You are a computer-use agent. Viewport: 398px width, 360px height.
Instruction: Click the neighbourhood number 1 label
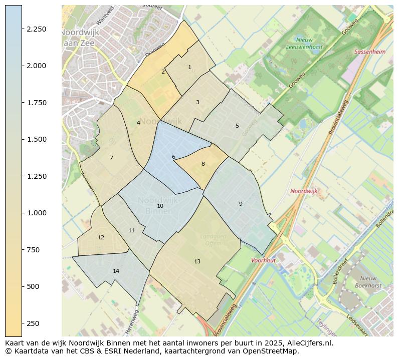[189, 67]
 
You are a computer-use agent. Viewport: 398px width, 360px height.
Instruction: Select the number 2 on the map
[163, 72]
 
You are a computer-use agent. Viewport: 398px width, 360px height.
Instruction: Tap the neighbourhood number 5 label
[237, 126]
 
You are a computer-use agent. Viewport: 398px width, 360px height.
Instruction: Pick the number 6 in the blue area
[173, 157]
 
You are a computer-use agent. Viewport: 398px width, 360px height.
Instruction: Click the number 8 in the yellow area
[203, 164]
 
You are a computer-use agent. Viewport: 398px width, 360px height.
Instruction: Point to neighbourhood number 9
[241, 204]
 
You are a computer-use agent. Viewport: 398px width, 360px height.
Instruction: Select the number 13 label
[197, 261]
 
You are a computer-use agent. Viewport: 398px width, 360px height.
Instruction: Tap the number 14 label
[116, 271]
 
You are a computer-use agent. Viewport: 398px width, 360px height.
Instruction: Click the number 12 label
[101, 237]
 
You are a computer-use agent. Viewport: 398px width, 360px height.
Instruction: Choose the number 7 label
[111, 158]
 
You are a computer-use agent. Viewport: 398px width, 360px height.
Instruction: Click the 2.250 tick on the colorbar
[37, 29]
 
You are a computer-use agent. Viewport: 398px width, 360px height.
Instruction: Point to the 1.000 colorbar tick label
[37, 213]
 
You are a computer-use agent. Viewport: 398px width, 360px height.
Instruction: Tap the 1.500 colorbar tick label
[37, 139]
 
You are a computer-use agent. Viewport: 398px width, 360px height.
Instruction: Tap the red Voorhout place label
[263, 260]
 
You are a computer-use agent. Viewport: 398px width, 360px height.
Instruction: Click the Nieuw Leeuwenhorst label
[304, 43]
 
